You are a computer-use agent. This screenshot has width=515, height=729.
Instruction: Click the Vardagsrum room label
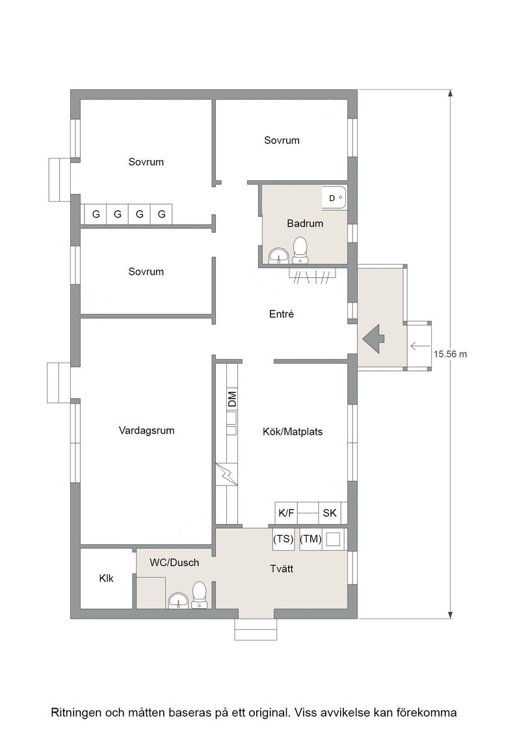pos(146,430)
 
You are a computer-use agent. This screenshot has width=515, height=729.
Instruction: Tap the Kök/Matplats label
pos(293,432)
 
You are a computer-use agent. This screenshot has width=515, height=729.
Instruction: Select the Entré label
pos(282,314)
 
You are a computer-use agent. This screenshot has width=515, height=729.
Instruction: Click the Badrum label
pos(305,224)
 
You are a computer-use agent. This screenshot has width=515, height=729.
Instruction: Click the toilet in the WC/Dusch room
pos(199,595)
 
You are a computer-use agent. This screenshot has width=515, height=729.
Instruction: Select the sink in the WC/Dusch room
pos(178,600)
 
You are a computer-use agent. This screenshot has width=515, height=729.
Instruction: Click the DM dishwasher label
pos(232,399)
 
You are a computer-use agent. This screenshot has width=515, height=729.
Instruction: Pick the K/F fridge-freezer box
pos(286,514)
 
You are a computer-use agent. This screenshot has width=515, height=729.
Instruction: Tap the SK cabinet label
pos(330,514)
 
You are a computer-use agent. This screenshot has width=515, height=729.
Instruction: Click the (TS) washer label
pos(284,539)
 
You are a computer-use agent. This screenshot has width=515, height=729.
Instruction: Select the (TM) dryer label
pos(311,539)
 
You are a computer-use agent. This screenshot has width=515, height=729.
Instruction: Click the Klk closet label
pos(107,579)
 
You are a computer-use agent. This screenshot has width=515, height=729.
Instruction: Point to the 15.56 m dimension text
pos(451,354)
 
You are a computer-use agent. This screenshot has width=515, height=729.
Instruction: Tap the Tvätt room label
pos(282,569)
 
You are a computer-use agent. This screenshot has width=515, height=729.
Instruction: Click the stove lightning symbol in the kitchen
pos(226,475)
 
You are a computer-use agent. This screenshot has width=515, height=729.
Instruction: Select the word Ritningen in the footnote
pos(76,713)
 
